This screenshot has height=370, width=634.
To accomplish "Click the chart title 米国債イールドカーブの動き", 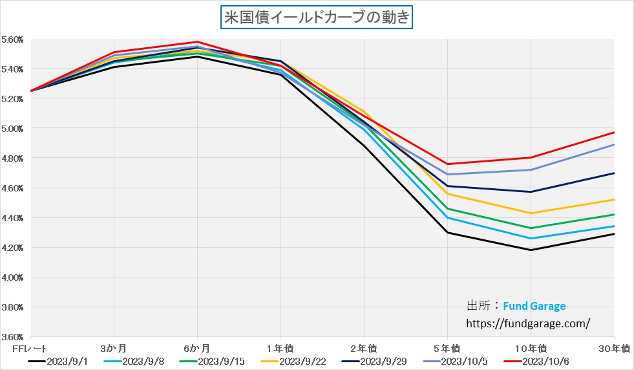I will point(317,17).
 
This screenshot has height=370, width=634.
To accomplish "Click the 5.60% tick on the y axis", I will point(13,39).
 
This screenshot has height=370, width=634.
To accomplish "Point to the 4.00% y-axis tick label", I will point(13,277).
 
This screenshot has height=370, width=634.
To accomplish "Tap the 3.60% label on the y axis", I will point(13,337).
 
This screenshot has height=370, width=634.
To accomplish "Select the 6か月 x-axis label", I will point(197,349).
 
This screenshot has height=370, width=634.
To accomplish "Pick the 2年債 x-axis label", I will point(364,349).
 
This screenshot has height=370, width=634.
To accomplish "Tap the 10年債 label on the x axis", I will point(531,349).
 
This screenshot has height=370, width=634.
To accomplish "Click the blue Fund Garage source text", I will point(534,306).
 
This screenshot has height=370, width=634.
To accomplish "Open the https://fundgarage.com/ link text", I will point(528,321).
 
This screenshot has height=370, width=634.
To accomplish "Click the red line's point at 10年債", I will point(531,158).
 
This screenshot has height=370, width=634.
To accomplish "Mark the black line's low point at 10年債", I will point(531,250).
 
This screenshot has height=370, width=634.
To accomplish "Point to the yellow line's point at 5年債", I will point(447,193).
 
